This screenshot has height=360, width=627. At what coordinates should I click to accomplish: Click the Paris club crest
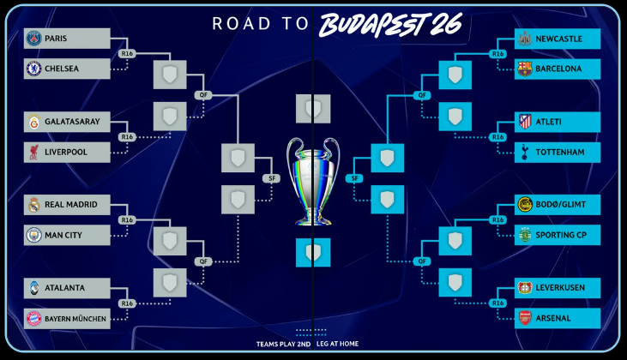(x=33, y=39)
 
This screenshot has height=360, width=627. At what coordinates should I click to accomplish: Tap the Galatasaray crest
(x=33, y=122)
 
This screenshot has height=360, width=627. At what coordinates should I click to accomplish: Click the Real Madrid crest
(x=33, y=205)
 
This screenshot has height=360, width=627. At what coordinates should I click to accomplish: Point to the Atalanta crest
(x=33, y=288)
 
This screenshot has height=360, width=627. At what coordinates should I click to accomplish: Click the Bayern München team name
(x=75, y=318)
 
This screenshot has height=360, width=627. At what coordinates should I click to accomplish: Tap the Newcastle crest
(x=524, y=39)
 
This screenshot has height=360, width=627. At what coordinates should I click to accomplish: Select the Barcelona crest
(x=524, y=69)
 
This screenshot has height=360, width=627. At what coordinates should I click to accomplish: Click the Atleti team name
(x=548, y=122)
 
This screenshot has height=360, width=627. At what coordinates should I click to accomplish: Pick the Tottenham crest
(x=524, y=152)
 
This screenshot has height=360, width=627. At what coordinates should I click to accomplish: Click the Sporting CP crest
(x=524, y=234)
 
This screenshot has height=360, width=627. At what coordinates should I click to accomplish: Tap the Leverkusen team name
(x=560, y=288)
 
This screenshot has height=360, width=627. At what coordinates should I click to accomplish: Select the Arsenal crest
(x=524, y=318)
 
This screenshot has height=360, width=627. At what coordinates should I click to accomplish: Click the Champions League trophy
(x=313, y=180)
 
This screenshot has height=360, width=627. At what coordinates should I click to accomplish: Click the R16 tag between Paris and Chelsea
(x=128, y=54)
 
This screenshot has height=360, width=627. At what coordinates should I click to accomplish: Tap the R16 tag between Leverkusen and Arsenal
(x=497, y=303)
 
